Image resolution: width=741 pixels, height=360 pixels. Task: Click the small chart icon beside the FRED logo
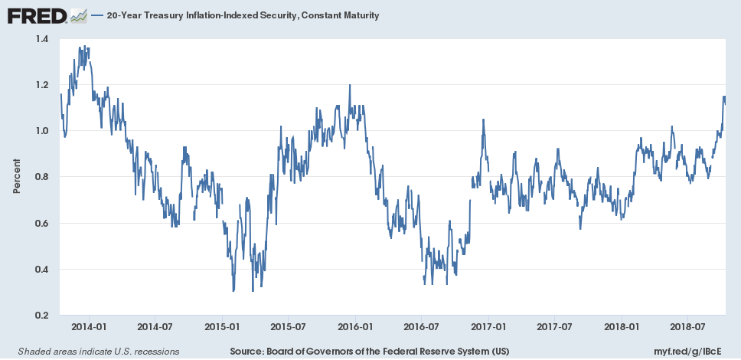78,15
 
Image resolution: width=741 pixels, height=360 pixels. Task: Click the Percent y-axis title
16,177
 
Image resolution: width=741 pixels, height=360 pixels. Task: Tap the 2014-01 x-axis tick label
88,326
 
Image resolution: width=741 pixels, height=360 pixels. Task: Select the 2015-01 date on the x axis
222,326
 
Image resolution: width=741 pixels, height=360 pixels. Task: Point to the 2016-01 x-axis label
355,326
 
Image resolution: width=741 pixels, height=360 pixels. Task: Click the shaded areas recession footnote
93,351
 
